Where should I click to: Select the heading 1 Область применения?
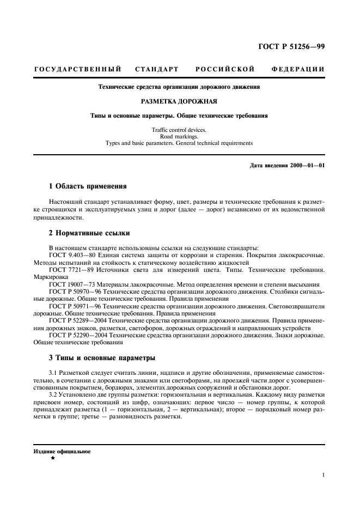(88, 186)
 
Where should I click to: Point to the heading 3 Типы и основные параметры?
(102, 358)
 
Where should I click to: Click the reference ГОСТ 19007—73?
(71, 284)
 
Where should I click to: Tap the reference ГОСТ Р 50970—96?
(74, 292)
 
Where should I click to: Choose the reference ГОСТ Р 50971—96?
(74, 307)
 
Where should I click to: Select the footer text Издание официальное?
(62, 452)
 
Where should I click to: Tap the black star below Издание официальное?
(52, 459)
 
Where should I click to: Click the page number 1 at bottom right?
(323, 475)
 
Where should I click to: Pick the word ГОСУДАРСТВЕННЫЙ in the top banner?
(77, 70)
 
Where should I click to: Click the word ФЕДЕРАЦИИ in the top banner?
(297, 70)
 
